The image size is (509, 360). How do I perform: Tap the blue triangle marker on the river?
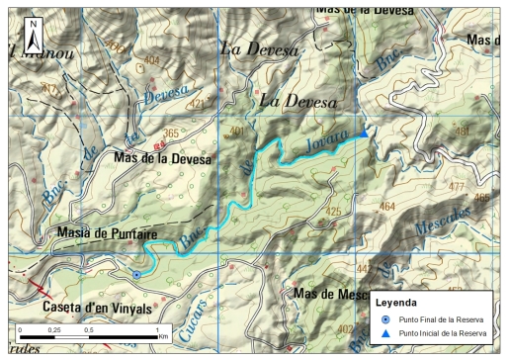pos(365,134)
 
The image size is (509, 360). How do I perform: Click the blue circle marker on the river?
pos(136,275)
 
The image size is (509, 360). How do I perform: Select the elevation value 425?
pos(332,211)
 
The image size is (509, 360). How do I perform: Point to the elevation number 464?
pos(388,207)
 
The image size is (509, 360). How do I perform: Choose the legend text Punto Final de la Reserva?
pos(447,320)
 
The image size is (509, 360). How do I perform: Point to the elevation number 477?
pos(456,186)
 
